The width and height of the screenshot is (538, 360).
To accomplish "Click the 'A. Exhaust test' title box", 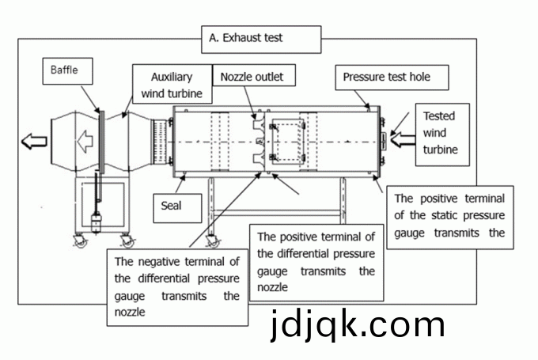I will (262, 38).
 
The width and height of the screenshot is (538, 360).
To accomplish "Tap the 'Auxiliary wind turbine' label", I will (172, 85).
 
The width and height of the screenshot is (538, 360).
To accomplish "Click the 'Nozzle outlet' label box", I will (252, 78).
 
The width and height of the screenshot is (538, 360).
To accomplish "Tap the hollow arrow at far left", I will (34, 142).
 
